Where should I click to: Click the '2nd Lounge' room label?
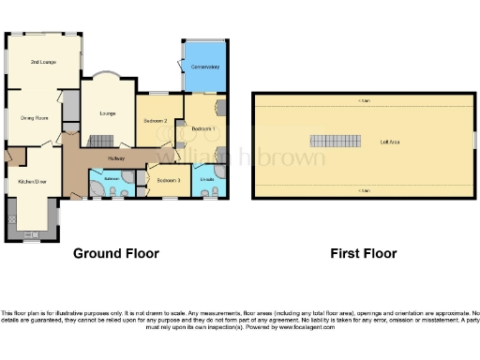(43, 61)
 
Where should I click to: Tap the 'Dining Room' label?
(35, 117)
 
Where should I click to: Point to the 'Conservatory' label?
(204, 67)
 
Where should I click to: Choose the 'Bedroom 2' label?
(155, 121)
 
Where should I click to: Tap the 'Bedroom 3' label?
(167, 179)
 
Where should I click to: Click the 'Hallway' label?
(116, 159)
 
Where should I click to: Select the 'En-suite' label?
(207, 178)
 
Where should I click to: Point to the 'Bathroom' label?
(112, 177)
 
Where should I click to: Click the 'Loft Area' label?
(391, 142)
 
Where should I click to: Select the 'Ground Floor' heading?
(116, 253)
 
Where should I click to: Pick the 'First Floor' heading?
(364, 253)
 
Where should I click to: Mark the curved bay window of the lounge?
(105, 76)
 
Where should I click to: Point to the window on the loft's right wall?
(473, 139)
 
